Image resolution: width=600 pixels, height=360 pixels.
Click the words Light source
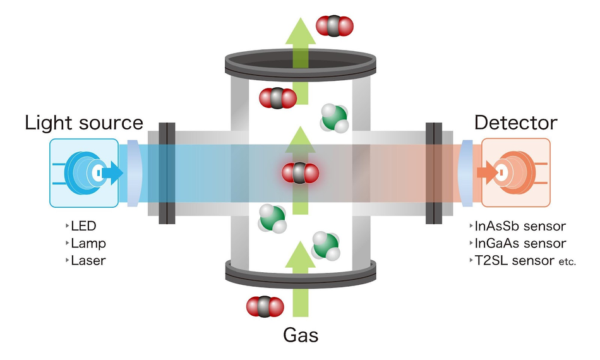point(84,123)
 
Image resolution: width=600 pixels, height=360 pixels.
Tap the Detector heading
point(516,123)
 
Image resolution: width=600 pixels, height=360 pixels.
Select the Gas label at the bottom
point(300,334)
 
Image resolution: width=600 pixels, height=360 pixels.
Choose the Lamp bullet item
point(88,243)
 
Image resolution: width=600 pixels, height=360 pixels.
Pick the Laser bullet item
point(88,260)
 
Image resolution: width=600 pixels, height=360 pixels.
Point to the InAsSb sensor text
point(520,226)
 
